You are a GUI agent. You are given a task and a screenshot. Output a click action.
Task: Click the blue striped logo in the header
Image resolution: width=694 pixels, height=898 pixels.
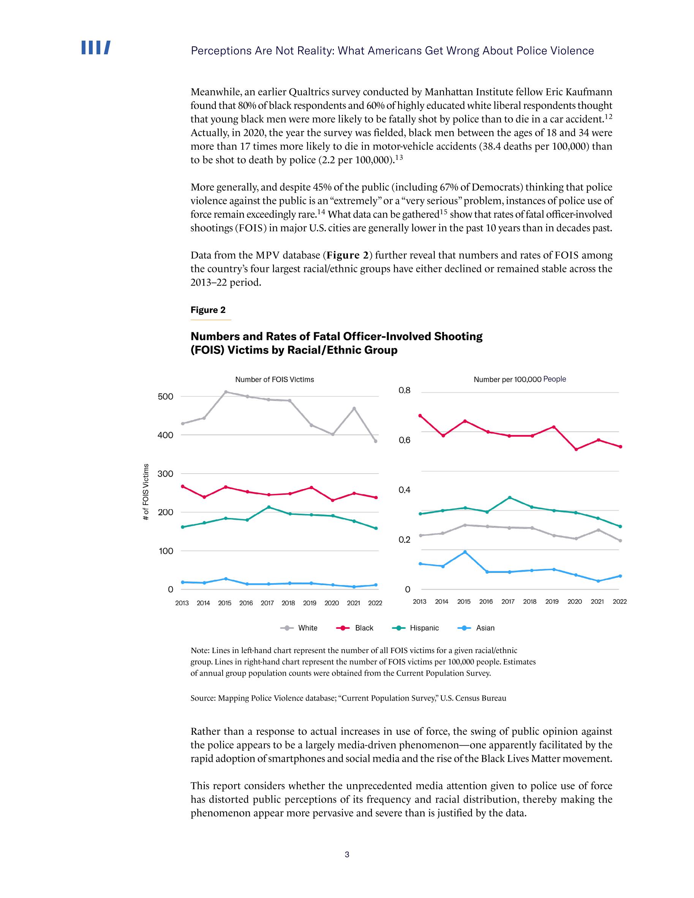[95, 48]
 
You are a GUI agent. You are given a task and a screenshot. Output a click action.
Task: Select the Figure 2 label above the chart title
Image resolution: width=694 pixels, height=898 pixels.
[208, 309]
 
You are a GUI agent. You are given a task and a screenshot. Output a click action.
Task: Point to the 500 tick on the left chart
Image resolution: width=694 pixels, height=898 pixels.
[165, 396]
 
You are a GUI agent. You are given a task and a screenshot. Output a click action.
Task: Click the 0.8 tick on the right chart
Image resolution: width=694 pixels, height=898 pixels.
[405, 390]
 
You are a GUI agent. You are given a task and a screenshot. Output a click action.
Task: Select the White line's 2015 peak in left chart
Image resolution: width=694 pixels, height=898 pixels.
[225, 391]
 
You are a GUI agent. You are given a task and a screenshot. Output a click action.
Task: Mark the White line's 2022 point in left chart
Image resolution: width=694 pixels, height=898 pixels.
[375, 441]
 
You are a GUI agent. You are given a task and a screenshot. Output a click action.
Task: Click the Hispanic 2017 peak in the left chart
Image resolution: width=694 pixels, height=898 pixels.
[269, 507]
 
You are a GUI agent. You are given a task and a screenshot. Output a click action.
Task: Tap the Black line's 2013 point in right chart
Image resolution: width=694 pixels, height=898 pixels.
[420, 415]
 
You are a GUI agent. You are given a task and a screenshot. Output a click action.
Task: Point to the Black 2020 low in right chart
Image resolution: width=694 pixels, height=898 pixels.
[576, 449]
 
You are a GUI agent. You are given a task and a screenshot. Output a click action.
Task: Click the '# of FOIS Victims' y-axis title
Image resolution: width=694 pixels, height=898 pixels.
[145, 492]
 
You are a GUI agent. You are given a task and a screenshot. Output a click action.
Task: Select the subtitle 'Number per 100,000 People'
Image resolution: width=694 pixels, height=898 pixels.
[520, 379]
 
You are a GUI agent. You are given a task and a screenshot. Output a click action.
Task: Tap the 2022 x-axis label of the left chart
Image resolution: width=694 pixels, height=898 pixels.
[375, 603]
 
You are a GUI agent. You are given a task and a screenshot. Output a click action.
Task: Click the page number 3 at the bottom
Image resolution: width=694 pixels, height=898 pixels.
[347, 854]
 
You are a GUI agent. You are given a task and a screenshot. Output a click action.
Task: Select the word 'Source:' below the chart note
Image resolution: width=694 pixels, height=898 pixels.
[203, 698]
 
